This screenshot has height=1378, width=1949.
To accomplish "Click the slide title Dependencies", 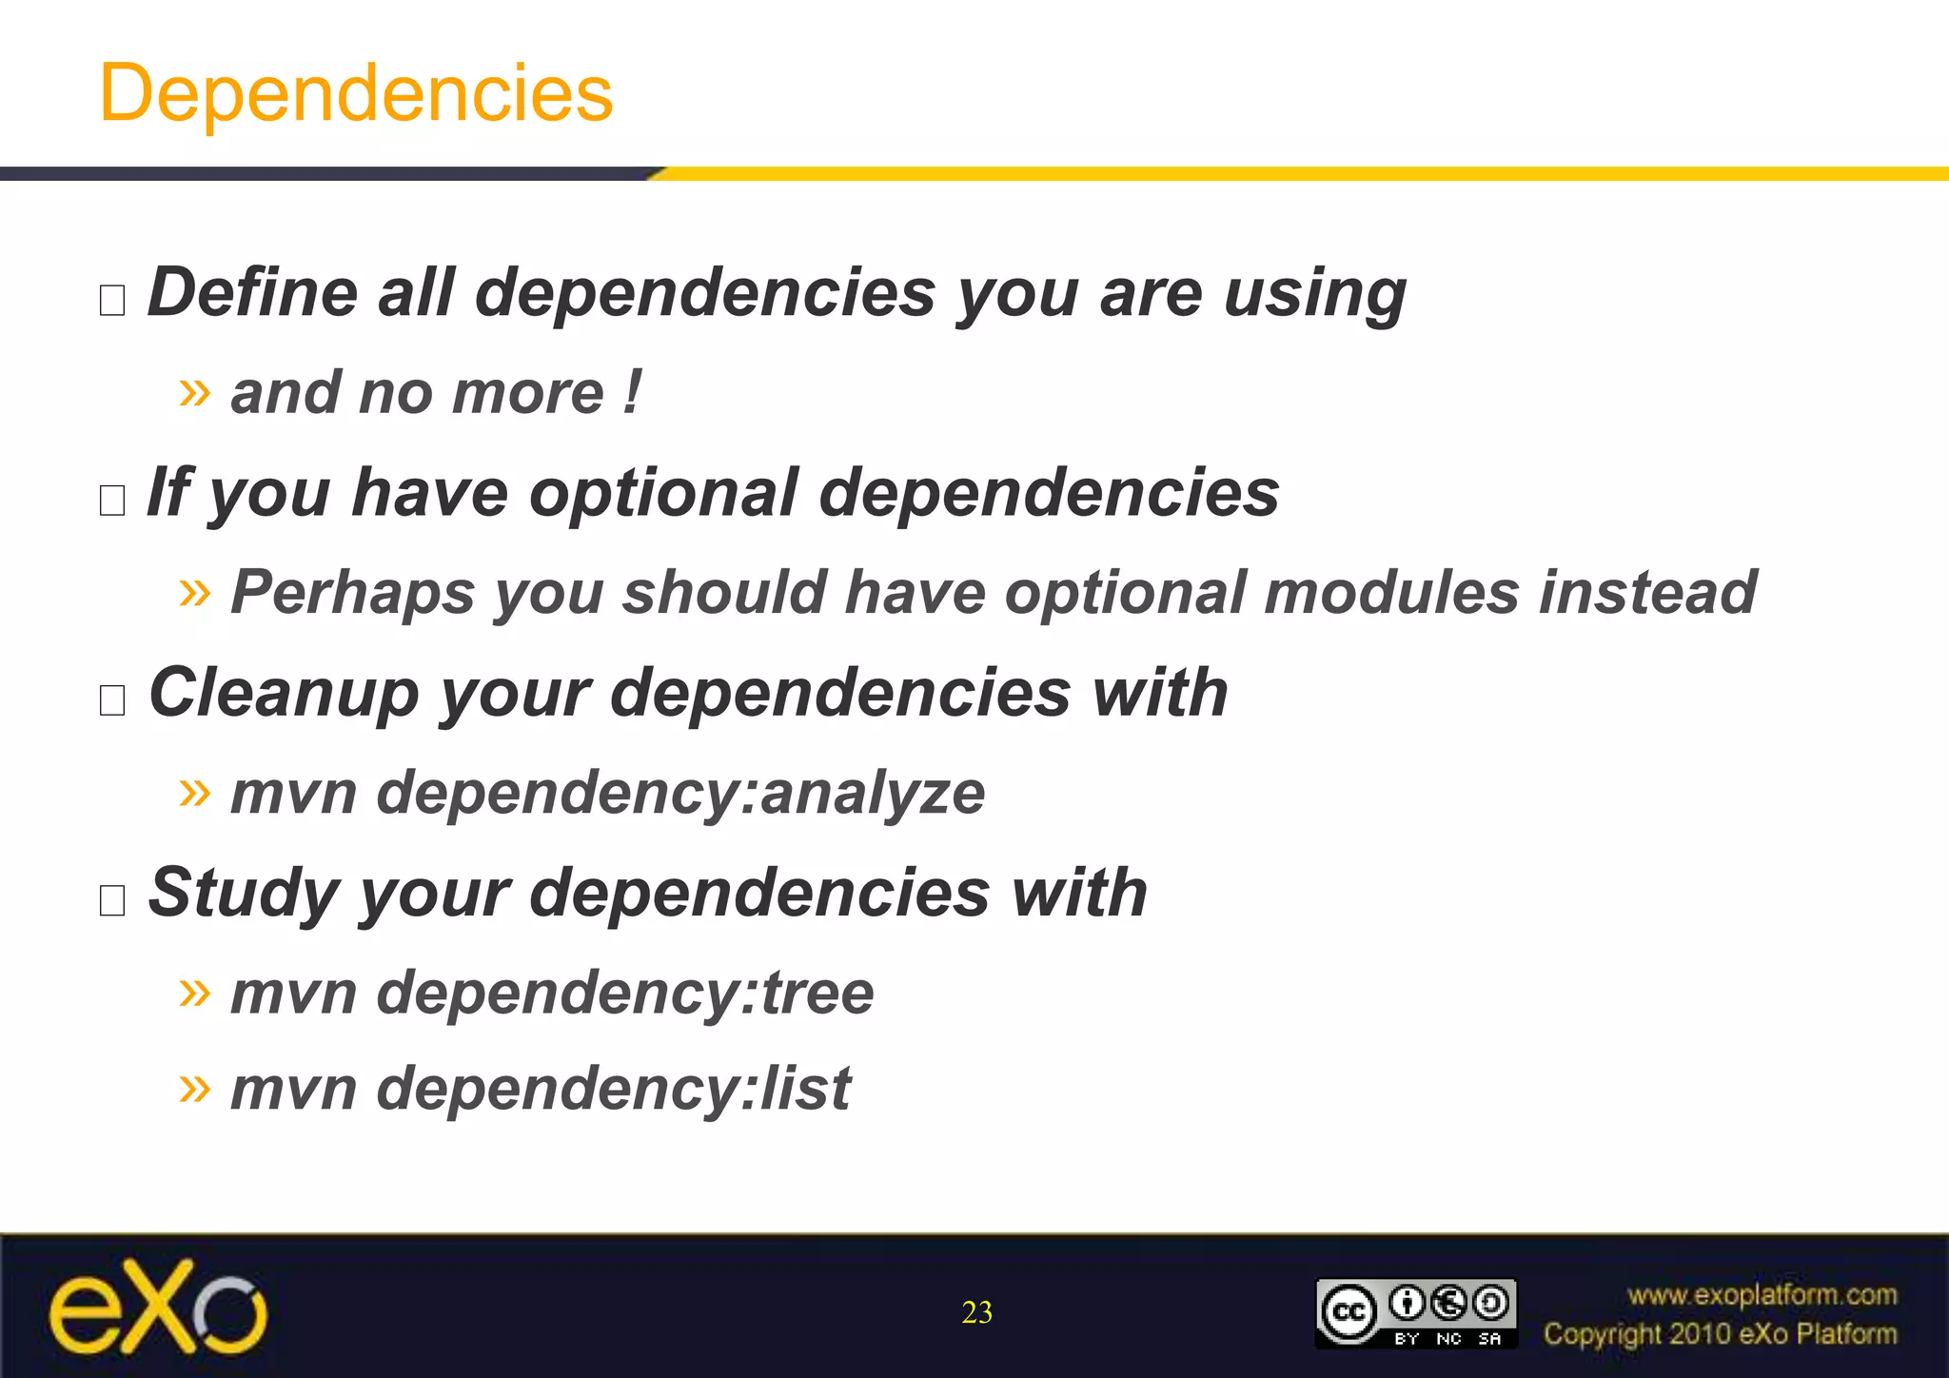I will click(x=356, y=93).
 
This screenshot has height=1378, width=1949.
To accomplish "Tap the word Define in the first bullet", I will click(x=252, y=292).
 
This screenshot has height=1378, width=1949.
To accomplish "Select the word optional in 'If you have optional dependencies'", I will click(x=663, y=493).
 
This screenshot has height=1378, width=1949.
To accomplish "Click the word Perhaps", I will click(x=352, y=593).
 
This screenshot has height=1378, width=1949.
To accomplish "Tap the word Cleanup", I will click(x=284, y=693).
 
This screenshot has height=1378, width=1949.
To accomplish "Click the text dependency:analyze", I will click(x=680, y=793).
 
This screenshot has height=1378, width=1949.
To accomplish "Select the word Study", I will click(x=243, y=893).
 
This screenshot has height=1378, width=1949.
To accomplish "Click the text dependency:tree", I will click(x=624, y=993).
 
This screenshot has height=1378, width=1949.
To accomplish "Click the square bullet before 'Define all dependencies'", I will click(x=112, y=300).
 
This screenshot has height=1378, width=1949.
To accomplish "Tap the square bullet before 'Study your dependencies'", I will click(x=112, y=899).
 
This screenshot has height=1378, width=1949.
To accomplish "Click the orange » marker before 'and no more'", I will click(x=194, y=391).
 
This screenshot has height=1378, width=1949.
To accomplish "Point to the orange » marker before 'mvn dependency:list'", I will click(x=194, y=1087).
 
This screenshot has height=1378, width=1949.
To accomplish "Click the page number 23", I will click(x=976, y=1312).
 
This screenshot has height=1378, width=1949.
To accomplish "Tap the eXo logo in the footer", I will click(x=158, y=1308).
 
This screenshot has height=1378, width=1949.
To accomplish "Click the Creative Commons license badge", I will click(x=1415, y=1313).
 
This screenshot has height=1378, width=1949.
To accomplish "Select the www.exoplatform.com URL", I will click(x=1762, y=1295).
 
